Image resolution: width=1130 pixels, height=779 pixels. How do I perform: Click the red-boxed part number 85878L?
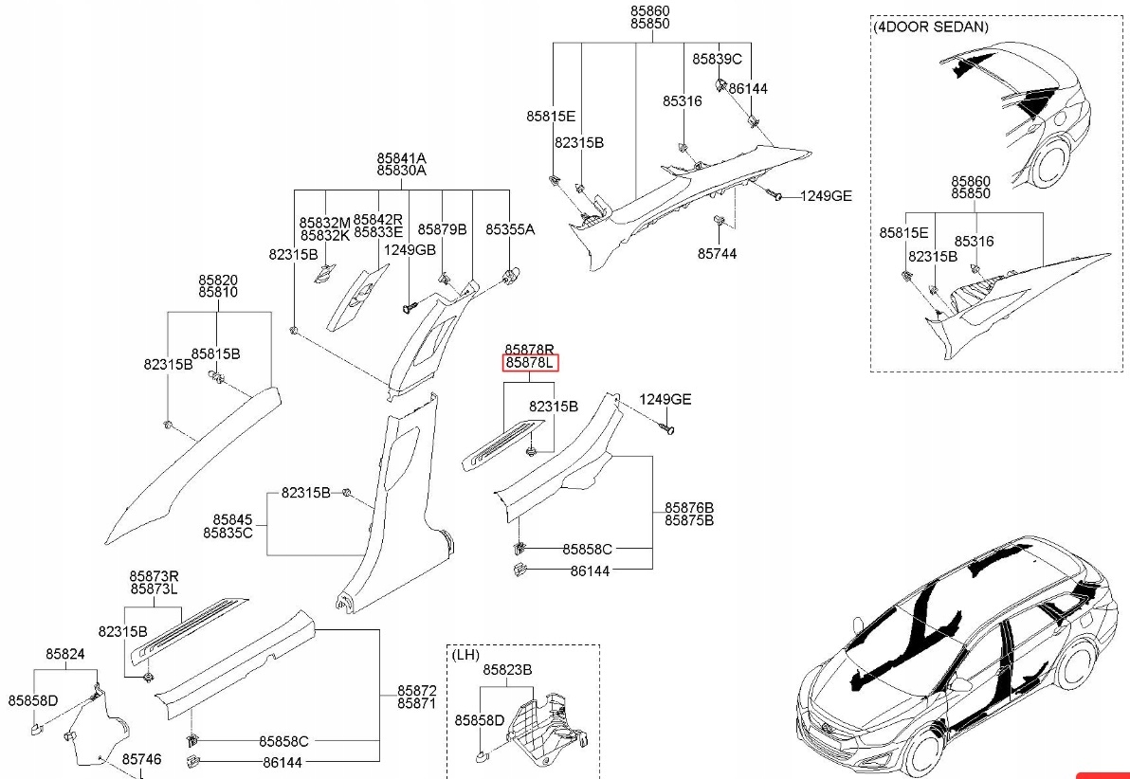530,363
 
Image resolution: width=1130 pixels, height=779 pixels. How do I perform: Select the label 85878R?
529,350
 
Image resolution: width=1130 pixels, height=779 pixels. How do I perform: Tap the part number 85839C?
717,59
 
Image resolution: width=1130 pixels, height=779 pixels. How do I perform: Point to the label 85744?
717,254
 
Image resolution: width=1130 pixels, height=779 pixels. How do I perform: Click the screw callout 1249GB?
410,249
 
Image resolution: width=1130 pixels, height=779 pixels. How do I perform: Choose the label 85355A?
510,229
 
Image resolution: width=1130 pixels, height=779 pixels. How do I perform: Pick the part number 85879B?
443,229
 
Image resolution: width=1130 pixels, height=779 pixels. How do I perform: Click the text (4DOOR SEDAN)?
931,27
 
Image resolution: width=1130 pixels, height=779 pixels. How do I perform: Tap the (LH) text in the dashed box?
465,655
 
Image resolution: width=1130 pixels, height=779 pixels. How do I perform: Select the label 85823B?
507,669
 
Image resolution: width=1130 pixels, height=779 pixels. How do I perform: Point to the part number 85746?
141,759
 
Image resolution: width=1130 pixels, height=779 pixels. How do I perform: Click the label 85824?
65,654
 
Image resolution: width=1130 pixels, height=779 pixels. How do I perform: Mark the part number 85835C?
228,533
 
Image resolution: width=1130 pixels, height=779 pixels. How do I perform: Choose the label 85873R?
154,576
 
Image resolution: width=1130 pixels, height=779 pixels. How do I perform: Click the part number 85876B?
689,508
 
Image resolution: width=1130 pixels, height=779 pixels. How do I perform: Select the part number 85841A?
401,157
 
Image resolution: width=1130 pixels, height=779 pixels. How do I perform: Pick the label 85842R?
377,219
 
